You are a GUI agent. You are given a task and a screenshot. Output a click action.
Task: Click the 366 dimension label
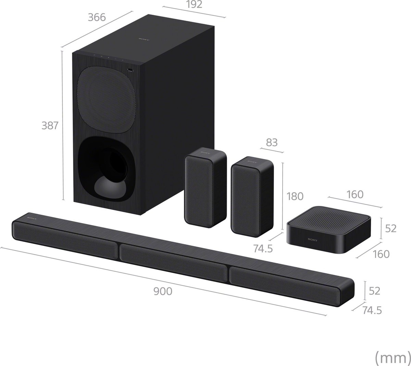click(x=97, y=17)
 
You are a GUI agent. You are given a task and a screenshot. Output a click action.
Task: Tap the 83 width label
click(x=272, y=142)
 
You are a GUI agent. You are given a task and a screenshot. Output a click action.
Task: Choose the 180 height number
click(x=295, y=196)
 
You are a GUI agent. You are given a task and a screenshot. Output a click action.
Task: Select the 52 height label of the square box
click(x=390, y=228)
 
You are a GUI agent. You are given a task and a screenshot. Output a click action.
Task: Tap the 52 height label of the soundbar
click(x=374, y=291)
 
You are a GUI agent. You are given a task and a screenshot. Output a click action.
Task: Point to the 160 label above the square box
click(x=354, y=194)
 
